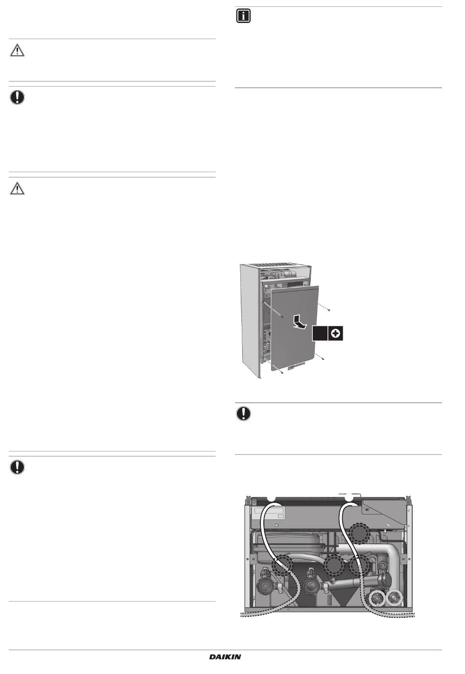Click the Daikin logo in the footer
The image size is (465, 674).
tap(225, 657)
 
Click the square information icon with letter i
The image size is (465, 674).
tap(243, 16)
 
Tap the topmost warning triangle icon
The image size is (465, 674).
tap(17, 50)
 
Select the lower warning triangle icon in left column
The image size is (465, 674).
tap(17, 188)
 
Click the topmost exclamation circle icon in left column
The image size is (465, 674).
tap(17, 97)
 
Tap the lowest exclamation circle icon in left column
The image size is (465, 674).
tap(17, 467)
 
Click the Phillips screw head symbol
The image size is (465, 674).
tap(335, 333)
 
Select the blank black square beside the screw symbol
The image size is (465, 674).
tap(320, 333)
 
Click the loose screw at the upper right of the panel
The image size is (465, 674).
tap(330, 310)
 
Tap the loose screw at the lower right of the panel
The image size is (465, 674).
tap(323, 359)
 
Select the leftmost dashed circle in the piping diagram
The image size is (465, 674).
tap(282, 565)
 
